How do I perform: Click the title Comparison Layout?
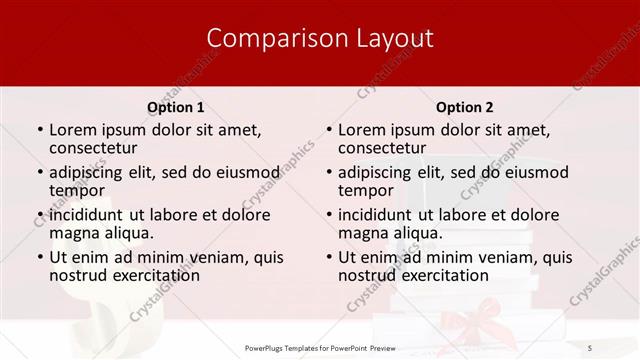coord(319,38)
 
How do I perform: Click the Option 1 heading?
coord(175,107)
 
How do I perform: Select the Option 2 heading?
coord(464,107)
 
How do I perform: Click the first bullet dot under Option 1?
coord(38,130)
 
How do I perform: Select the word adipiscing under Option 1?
coord(90,172)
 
